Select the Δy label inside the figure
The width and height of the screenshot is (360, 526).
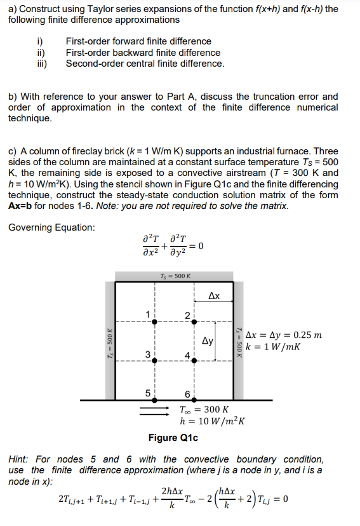[208, 341]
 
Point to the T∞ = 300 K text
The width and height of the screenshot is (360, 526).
[204, 410]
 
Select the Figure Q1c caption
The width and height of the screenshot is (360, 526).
[173, 438]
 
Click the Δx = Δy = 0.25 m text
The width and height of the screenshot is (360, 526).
[283, 335]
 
